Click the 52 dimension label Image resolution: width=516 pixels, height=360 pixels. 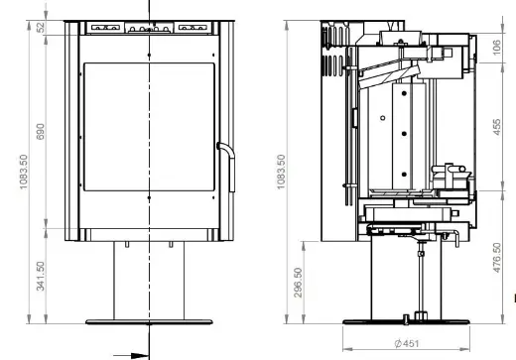point(41,27)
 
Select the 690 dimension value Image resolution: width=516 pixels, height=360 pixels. point(40,132)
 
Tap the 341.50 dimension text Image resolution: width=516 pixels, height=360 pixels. point(40,276)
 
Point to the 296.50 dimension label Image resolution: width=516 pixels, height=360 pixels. point(298,283)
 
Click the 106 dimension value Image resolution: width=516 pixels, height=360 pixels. point(497,48)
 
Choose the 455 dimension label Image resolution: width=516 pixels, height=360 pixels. point(497,127)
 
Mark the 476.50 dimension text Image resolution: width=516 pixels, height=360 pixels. point(497,258)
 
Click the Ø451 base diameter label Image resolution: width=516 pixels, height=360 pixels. point(407,343)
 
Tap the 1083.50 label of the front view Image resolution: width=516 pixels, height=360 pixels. point(24,172)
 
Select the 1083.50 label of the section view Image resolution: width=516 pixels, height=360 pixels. point(281,172)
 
